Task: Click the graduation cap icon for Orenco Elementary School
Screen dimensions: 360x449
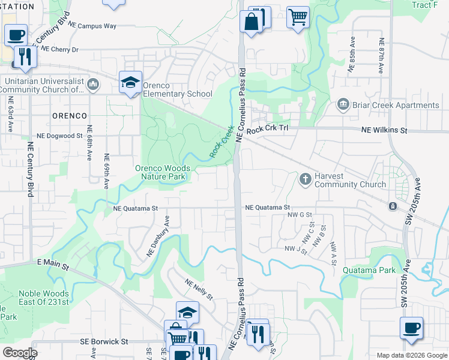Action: [x=130, y=82]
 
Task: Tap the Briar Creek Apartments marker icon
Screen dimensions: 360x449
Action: [x=343, y=105]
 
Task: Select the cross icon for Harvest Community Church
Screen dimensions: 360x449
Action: [x=305, y=178]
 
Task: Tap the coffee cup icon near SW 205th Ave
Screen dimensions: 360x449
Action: [x=411, y=328]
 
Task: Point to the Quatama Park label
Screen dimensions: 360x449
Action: [x=369, y=270]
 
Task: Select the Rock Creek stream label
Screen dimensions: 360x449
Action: [x=221, y=142]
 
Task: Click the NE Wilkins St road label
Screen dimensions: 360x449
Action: [x=384, y=130]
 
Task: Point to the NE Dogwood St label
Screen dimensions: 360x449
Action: [x=59, y=136]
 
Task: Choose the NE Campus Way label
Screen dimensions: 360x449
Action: [x=92, y=26]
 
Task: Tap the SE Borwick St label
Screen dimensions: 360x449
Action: [x=104, y=341]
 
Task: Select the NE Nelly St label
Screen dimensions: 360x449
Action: [x=199, y=290]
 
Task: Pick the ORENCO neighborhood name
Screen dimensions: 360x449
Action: [x=68, y=115]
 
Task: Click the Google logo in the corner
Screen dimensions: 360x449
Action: [x=19, y=352]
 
